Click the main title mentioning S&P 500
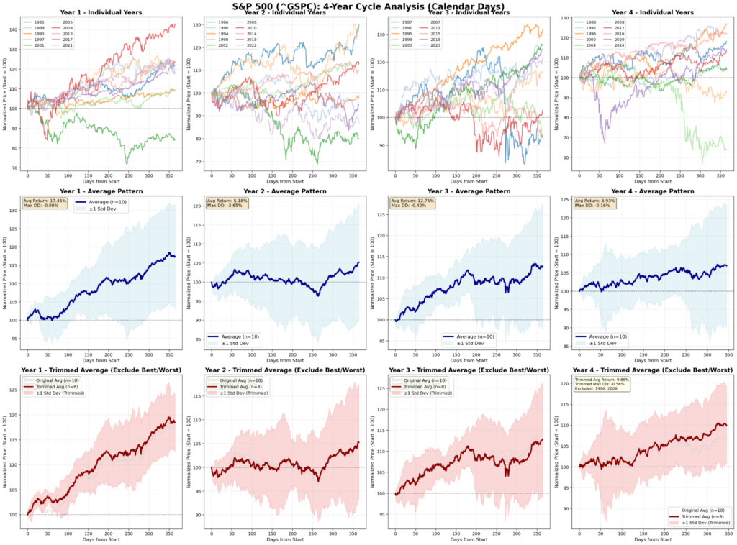(368, 6)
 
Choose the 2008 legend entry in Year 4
(618, 22)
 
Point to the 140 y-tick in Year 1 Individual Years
(16, 29)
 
